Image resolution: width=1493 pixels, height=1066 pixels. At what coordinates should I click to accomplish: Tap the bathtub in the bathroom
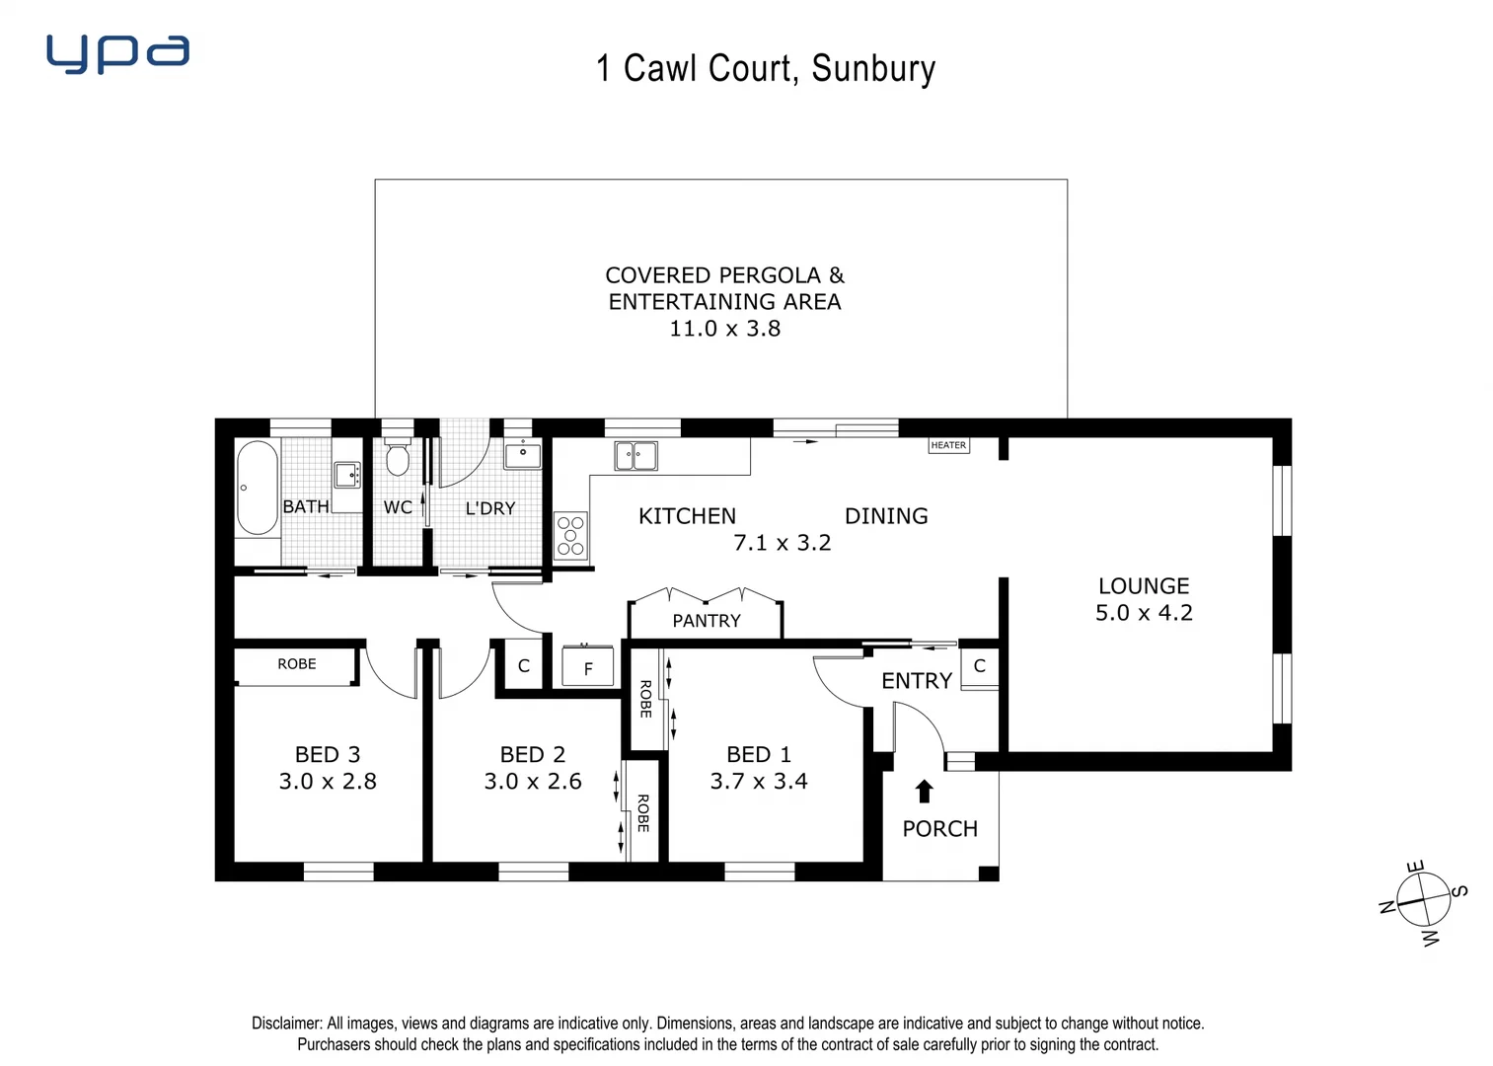click(257, 488)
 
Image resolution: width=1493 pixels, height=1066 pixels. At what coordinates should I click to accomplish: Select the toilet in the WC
click(398, 459)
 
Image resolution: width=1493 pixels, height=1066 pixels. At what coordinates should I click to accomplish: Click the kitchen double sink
click(635, 456)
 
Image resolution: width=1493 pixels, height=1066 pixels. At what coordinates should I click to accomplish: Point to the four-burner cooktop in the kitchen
click(570, 535)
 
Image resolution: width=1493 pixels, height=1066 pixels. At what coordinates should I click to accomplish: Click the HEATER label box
click(948, 445)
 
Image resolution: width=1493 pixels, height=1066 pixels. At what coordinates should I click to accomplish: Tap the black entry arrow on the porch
click(924, 791)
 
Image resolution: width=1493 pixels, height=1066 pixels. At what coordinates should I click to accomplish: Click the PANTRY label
click(706, 621)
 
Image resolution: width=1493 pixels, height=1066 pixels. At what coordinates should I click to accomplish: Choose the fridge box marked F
click(587, 667)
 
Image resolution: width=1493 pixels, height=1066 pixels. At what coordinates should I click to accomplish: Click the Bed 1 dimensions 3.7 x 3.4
click(758, 782)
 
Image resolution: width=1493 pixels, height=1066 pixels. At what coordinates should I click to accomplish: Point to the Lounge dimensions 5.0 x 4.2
click(1144, 613)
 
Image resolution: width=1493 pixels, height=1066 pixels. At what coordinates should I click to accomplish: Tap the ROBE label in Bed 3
click(296, 664)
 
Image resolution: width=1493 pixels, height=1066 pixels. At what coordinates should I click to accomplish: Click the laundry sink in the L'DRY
click(522, 455)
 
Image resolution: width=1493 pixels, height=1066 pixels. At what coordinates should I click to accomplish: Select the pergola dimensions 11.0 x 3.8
click(724, 329)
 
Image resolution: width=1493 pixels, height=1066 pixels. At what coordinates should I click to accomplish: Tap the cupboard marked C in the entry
click(979, 666)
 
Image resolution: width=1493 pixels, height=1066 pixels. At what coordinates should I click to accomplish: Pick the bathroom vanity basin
click(346, 476)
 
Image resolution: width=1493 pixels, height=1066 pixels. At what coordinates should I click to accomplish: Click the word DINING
click(886, 516)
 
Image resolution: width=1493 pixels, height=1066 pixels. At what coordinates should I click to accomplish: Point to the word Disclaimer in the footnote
click(286, 1024)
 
